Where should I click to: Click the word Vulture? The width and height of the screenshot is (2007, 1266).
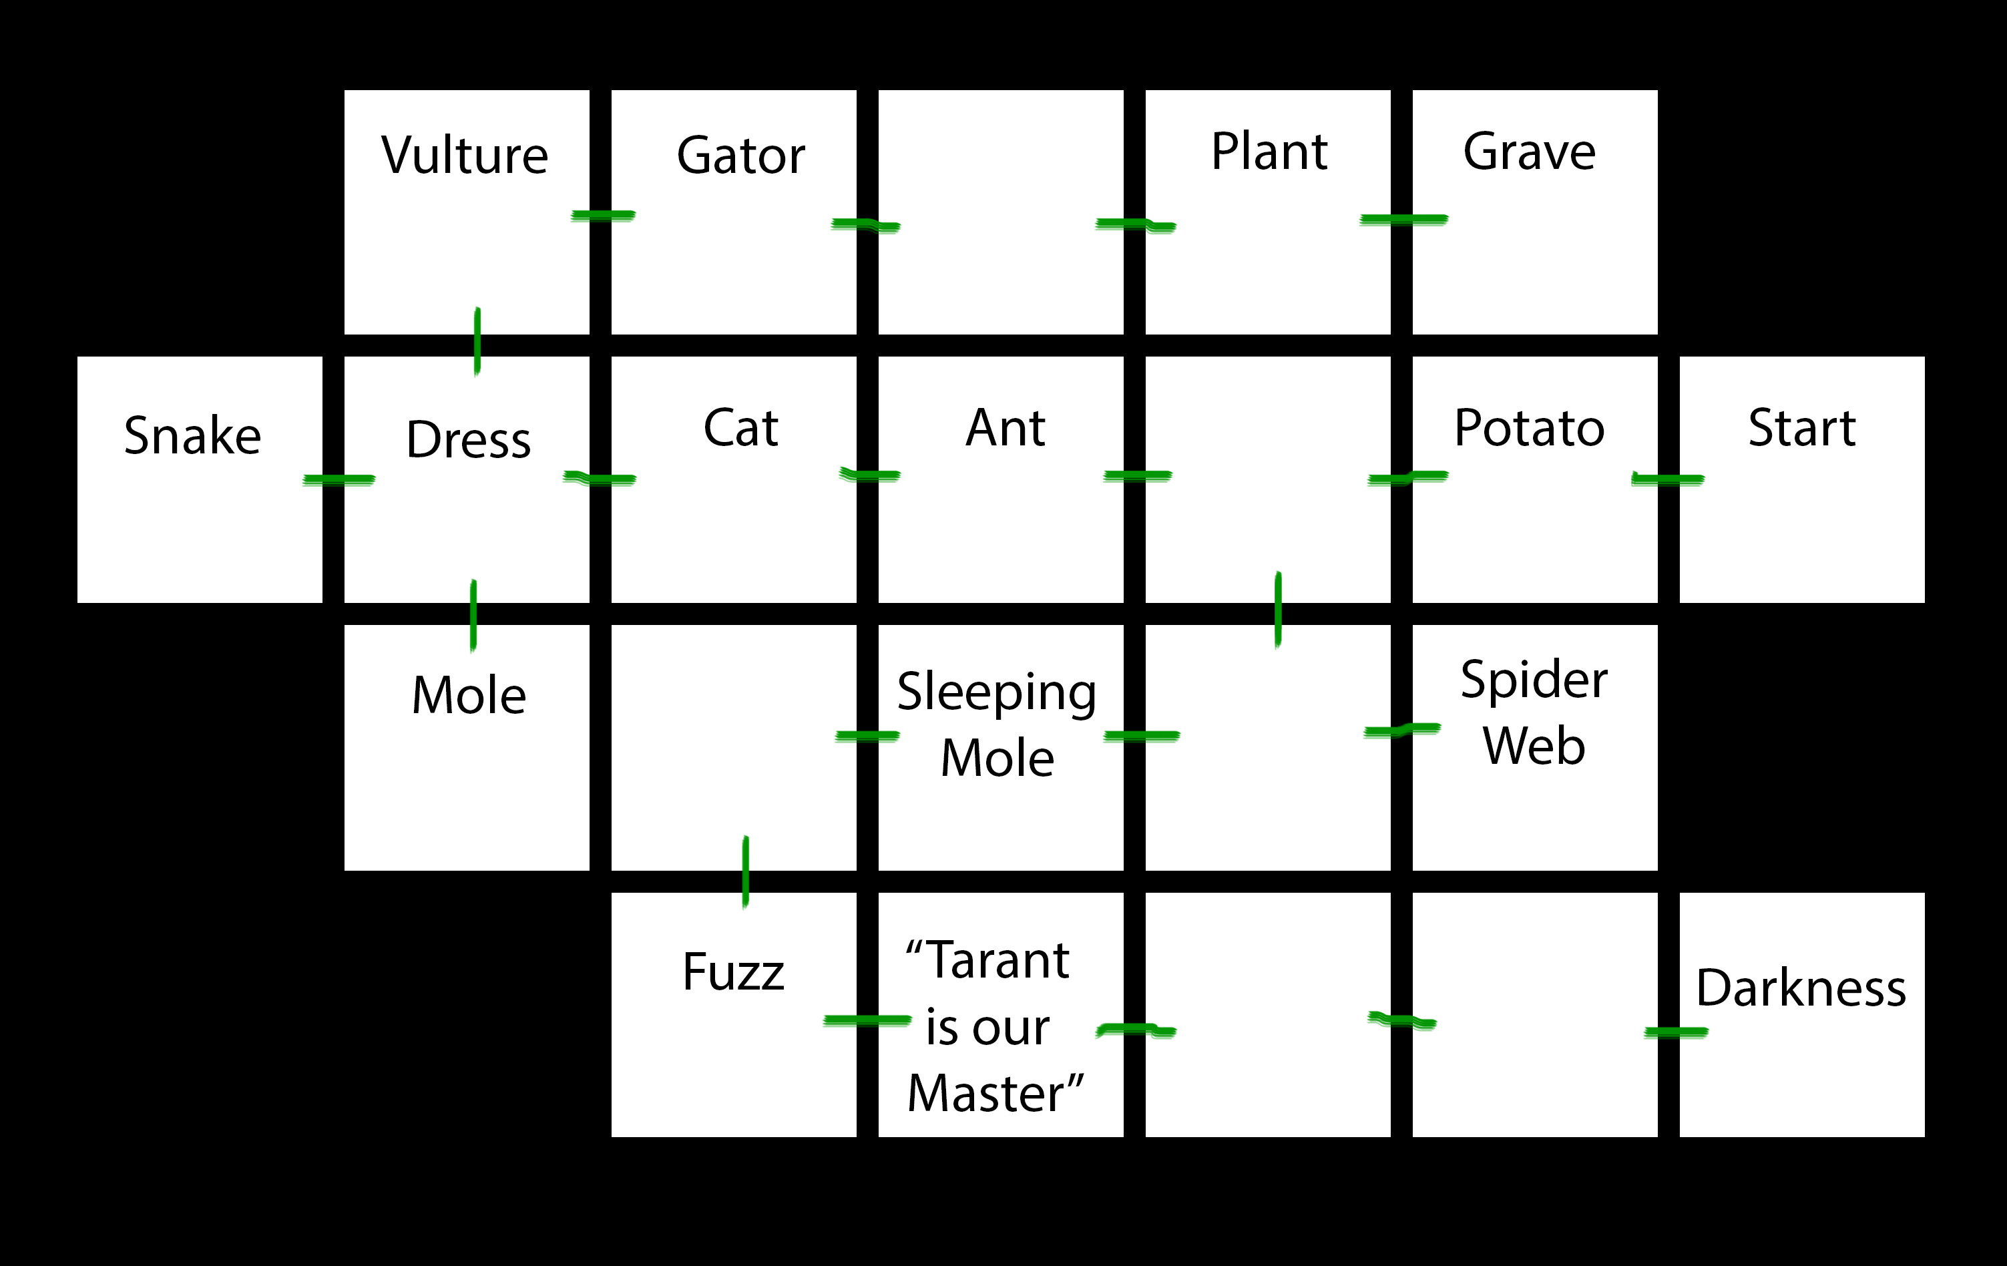(465, 155)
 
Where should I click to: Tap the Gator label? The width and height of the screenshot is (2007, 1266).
(741, 155)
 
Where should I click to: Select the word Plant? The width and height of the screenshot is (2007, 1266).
(1269, 152)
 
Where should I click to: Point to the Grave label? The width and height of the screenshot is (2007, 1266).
(1530, 152)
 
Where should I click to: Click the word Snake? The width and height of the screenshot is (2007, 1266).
(192, 435)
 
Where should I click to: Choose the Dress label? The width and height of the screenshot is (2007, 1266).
(469, 439)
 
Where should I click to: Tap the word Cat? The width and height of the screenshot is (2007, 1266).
(741, 429)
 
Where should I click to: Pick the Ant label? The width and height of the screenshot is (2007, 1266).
(1005, 429)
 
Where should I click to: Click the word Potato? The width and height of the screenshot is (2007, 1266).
(1530, 429)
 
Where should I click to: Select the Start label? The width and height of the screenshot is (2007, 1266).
(1802, 429)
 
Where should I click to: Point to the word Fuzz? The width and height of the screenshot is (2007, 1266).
(734, 972)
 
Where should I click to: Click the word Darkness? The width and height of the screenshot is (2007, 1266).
(1801, 988)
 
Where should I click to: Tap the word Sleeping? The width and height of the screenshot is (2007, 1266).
(997, 692)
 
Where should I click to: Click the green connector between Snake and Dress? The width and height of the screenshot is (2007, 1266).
(339, 479)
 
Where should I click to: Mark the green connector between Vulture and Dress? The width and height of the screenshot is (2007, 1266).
(477, 341)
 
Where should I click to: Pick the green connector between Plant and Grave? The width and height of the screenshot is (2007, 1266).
(1403, 219)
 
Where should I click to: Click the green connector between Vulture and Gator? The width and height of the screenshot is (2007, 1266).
(603, 216)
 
